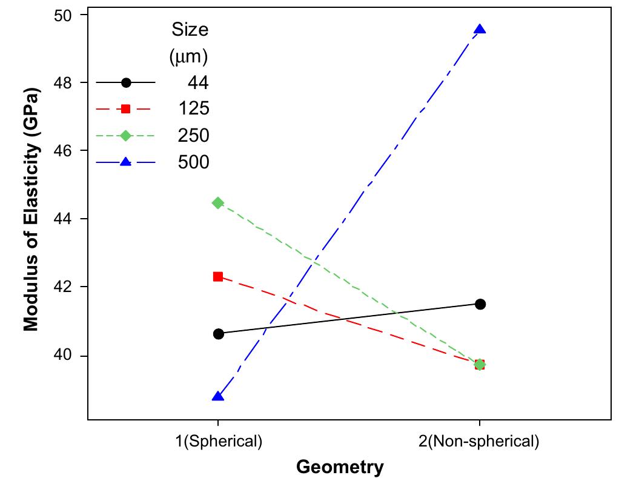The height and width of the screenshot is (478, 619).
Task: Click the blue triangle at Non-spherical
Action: [480, 30]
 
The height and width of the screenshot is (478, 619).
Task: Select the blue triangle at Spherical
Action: [218, 396]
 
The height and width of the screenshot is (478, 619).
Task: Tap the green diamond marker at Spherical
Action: [218, 203]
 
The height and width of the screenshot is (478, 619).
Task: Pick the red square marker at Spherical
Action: [218, 277]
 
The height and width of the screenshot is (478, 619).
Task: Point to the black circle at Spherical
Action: [218, 334]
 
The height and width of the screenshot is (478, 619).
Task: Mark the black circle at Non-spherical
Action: [480, 304]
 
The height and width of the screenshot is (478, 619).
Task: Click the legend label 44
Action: [198, 83]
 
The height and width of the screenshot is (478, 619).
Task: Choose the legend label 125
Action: [194, 109]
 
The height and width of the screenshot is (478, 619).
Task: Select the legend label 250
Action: [194, 136]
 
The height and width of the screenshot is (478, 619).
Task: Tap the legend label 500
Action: [194, 162]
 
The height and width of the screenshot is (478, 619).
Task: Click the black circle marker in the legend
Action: [125, 83]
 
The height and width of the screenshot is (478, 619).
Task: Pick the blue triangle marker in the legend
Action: [125, 162]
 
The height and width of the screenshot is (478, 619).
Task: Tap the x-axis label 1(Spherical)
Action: [218, 441]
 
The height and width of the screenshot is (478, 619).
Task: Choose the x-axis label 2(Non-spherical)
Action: [479, 441]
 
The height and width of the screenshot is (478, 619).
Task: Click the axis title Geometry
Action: [340, 467]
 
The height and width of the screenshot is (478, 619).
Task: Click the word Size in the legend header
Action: [190, 29]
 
